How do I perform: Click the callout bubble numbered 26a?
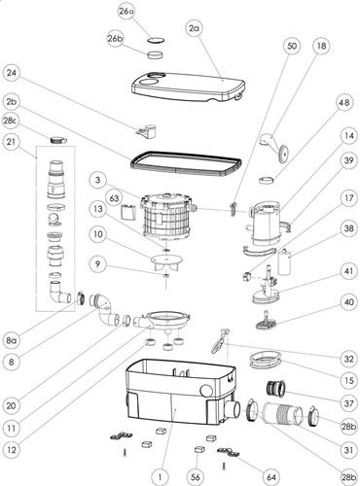coord(126,12)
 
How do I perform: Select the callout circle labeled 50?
coord(292,46)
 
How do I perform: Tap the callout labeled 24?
coord(12,73)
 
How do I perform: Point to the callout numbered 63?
coord(115,198)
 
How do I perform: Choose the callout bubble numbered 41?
coord(348,271)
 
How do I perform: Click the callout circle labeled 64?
coord(271,477)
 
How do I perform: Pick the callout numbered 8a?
coord(12,340)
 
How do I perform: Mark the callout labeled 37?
coord(348,403)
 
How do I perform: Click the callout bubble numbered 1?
coord(161,477)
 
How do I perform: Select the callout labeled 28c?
coord(11,121)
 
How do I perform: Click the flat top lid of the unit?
coord(188,87)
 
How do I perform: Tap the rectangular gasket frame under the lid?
coord(186,164)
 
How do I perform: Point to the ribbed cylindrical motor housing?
coord(167,219)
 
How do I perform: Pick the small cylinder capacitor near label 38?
coord(284,261)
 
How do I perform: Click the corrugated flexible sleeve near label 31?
coord(283,413)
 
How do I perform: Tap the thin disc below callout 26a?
coord(156,41)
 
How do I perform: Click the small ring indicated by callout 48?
coord(267,179)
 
